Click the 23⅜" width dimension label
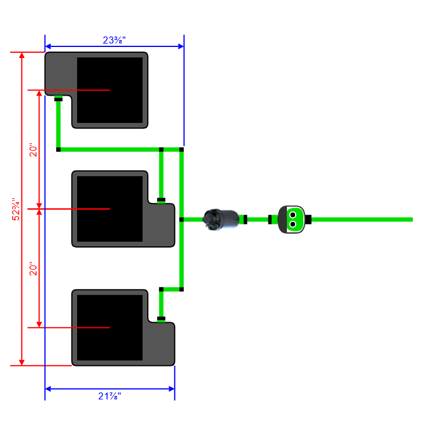(x=114, y=40)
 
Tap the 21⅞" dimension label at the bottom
(x=110, y=396)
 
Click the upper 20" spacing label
(x=34, y=150)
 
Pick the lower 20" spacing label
(x=34, y=268)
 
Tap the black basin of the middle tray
(x=110, y=209)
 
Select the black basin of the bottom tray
(x=110, y=328)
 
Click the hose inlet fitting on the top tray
(x=58, y=100)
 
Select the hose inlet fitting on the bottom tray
(x=161, y=319)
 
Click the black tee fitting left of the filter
(x=182, y=220)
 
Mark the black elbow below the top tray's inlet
(x=58, y=150)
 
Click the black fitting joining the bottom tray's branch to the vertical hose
(x=182, y=288)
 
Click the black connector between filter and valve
(x=245, y=219)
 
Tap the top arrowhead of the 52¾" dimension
(x=22, y=56)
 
